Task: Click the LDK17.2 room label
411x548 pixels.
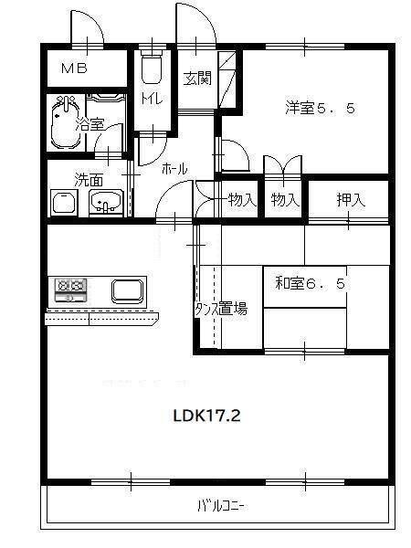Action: [206, 416]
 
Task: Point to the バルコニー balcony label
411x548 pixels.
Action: [220, 505]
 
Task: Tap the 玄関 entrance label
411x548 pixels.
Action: [196, 79]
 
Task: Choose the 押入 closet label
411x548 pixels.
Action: [350, 200]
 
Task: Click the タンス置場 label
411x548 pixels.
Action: [220, 309]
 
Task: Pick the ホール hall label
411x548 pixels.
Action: [174, 169]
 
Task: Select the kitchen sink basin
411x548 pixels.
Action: [127, 291]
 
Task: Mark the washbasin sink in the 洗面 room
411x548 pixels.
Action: [108, 203]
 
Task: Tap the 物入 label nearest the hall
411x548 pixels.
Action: [241, 200]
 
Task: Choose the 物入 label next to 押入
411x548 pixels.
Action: [285, 200]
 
